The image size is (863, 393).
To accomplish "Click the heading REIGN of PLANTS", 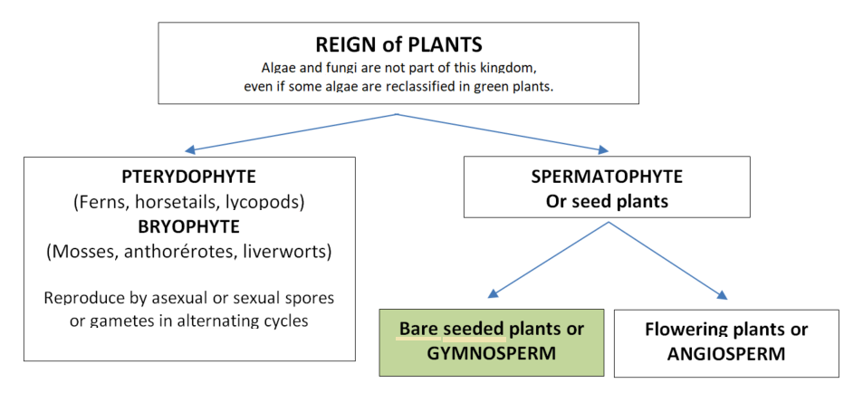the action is [x=398, y=44].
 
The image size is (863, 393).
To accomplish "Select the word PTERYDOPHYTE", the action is [x=188, y=177].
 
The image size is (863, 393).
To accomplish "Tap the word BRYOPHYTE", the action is [x=188, y=226].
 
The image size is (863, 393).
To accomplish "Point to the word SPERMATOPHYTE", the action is [x=607, y=177].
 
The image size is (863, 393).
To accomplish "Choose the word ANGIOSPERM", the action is [x=726, y=353].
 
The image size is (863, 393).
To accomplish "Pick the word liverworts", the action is [x=288, y=252].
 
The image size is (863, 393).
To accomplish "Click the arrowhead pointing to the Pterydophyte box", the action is [x=189, y=149].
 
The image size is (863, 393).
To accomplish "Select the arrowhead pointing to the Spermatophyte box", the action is [x=604, y=149].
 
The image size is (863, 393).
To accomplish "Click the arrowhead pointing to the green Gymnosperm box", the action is [x=494, y=293].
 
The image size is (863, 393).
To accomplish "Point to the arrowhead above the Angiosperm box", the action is [x=722, y=294].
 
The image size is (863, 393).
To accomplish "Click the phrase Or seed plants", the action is [x=607, y=201].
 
